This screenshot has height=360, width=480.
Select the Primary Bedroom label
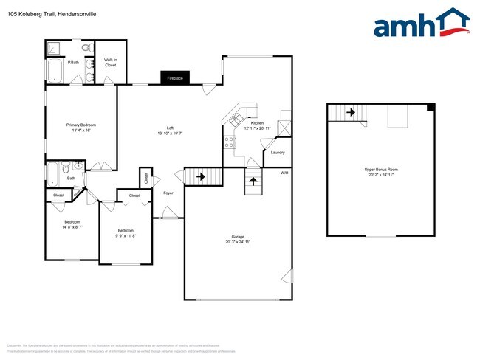tap(81, 125)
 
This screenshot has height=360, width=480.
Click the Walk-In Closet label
tap(111, 63)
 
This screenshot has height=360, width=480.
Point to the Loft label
tap(170, 128)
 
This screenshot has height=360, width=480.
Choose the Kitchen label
tap(257, 123)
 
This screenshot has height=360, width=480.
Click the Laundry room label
tap(278, 153)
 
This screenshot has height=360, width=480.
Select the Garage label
tap(238, 237)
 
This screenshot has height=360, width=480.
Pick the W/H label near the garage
tap(284, 173)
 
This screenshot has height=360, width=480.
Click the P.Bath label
tap(74, 63)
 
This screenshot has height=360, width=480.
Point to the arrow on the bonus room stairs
tap(351, 112)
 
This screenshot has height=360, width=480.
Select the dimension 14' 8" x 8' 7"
tap(72, 226)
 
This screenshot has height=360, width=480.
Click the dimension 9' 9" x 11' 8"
tap(126, 235)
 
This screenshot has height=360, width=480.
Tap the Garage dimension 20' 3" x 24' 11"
tap(238, 242)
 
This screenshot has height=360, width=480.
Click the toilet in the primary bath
tap(86, 47)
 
